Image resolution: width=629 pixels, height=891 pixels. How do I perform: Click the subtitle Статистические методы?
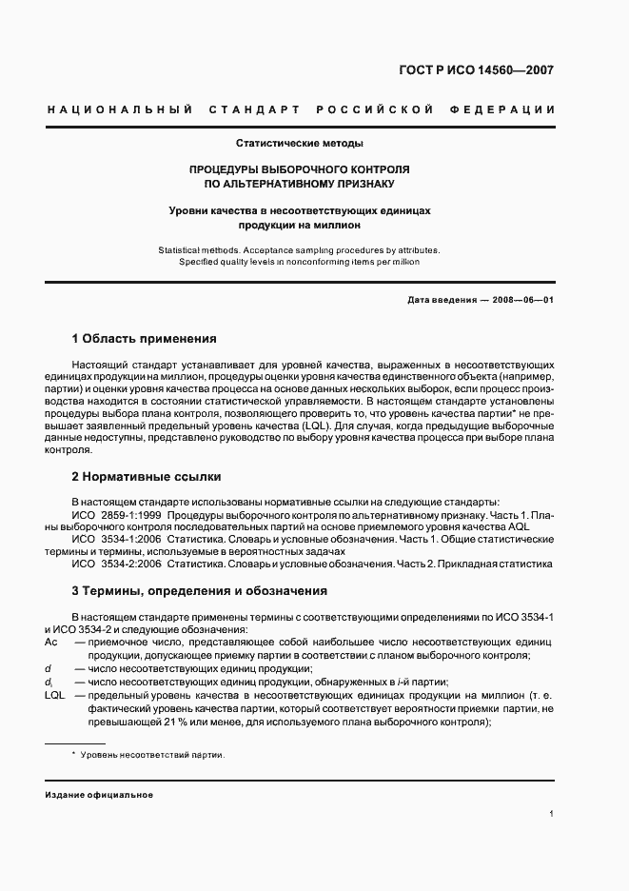click(299, 144)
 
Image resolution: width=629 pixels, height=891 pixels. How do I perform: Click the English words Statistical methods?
click(197, 249)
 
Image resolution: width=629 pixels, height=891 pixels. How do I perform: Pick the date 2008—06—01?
click(522, 299)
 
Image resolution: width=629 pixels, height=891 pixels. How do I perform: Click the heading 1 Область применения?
click(145, 339)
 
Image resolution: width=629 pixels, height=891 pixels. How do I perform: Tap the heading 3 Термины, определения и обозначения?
click(200, 590)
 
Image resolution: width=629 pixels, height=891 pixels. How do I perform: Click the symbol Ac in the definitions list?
click(51, 643)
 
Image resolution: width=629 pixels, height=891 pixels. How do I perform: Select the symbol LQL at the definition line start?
click(54, 696)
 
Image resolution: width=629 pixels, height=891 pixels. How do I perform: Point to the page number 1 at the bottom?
click(552, 814)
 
